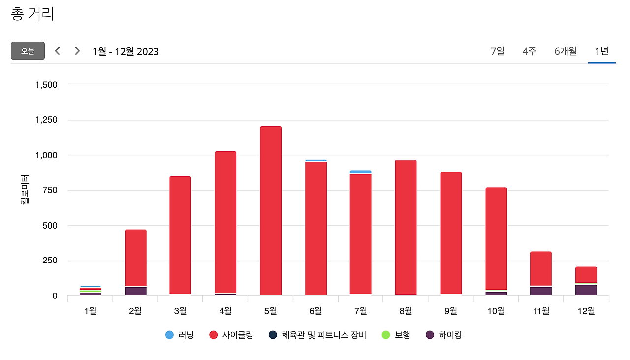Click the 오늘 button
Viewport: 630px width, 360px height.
pos(28,51)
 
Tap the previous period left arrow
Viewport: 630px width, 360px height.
pos(58,51)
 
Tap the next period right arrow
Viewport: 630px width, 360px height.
pos(77,51)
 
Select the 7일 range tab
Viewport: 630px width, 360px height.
pos(498,51)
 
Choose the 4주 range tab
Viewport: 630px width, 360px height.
pos(530,51)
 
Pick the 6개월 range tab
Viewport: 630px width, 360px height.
pos(566,51)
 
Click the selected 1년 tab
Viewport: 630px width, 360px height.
pos(601,51)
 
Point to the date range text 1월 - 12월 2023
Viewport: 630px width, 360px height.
pos(126,51)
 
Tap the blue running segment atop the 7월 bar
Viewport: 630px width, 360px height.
pos(361,172)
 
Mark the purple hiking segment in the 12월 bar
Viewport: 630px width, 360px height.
pos(586,290)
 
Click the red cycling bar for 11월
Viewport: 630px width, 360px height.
pos(541,268)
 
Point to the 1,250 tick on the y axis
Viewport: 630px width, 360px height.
pos(46,120)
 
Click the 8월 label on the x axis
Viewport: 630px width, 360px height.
pos(406,311)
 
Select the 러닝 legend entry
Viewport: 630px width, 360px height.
pos(180,335)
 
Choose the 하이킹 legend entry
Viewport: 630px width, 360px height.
pos(444,335)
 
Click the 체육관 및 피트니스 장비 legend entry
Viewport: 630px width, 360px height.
pos(317,335)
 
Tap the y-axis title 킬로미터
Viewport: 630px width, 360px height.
pos(25,190)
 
